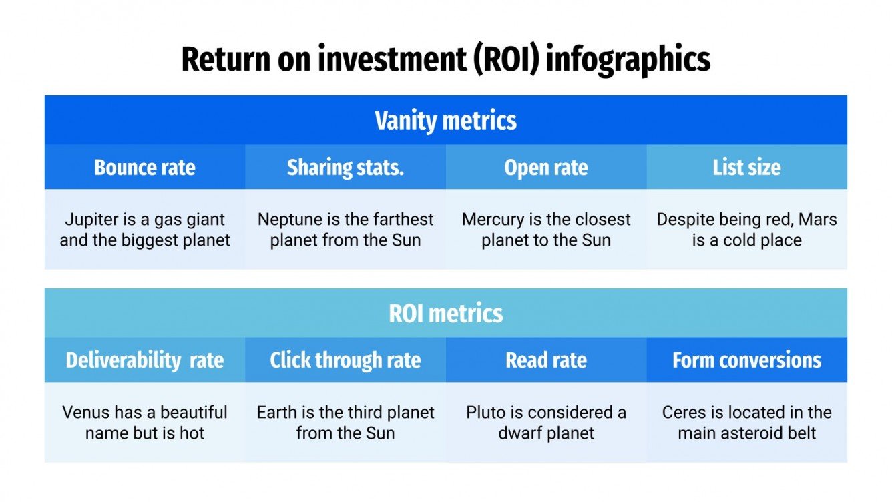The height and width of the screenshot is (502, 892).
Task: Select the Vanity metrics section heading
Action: click(445, 121)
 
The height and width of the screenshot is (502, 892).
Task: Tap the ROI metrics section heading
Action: click(445, 314)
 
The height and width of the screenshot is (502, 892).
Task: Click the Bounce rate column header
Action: click(145, 168)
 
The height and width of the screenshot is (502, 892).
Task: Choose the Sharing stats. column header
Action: click(345, 168)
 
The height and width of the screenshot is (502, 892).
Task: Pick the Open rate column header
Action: click(546, 168)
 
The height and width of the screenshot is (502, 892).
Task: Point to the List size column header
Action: click(746, 168)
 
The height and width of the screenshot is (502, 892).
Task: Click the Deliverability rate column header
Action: click(145, 360)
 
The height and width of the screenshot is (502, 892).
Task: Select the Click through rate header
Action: click(345, 360)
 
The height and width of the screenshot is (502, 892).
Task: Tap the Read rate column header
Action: click(546, 360)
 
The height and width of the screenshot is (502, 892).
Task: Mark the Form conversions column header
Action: click(746, 360)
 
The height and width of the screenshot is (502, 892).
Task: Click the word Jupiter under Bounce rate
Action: click(90, 220)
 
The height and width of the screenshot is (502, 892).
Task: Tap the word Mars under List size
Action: click(818, 220)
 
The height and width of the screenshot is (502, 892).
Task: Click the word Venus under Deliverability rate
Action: click(86, 413)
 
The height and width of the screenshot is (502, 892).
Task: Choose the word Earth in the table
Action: click(276, 413)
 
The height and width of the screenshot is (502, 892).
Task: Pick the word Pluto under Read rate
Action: click(485, 413)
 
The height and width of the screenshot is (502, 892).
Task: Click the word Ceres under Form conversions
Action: click(684, 413)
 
